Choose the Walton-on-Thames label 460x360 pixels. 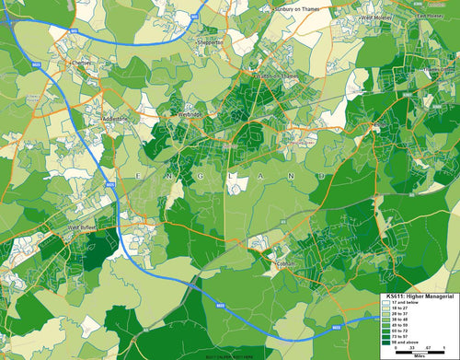tap(272, 75)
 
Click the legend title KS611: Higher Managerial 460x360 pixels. tap(419, 296)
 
